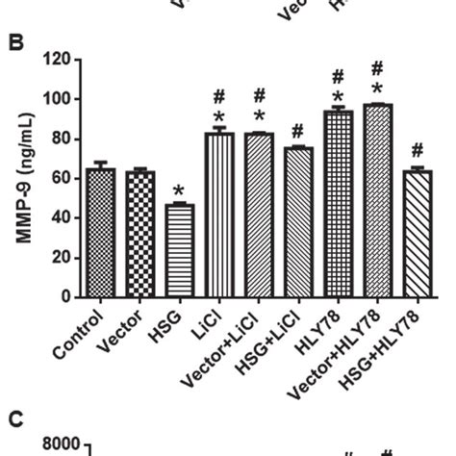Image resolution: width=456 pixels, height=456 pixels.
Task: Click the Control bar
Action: (x=101, y=233)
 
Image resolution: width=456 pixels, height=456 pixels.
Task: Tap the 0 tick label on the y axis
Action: (x=67, y=297)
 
